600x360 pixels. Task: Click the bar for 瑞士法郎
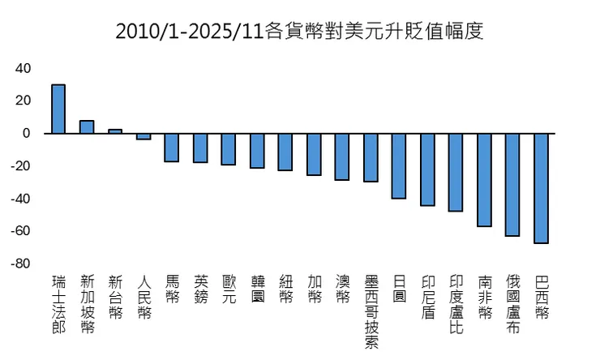pos(58,109)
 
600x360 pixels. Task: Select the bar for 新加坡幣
pos(87,126)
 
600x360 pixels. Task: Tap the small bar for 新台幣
pos(115,131)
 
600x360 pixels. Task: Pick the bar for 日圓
pos(399,165)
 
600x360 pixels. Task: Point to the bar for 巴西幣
pos(541,188)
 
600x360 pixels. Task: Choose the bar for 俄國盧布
pos(512,184)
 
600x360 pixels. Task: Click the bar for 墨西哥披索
pos(371,157)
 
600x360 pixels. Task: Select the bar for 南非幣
pos(484,179)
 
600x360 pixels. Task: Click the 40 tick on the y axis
pos(24,68)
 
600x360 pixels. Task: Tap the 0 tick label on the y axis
pos(27,133)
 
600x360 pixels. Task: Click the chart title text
pos(299,31)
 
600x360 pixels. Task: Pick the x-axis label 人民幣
pos(144,298)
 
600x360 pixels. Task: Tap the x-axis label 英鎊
pos(200,290)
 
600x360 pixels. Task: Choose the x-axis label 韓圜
pos(257,290)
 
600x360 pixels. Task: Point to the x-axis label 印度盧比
pos(456,305)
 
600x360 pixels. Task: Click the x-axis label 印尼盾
pos(427,298)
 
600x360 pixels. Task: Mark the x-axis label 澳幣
pos(342,290)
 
